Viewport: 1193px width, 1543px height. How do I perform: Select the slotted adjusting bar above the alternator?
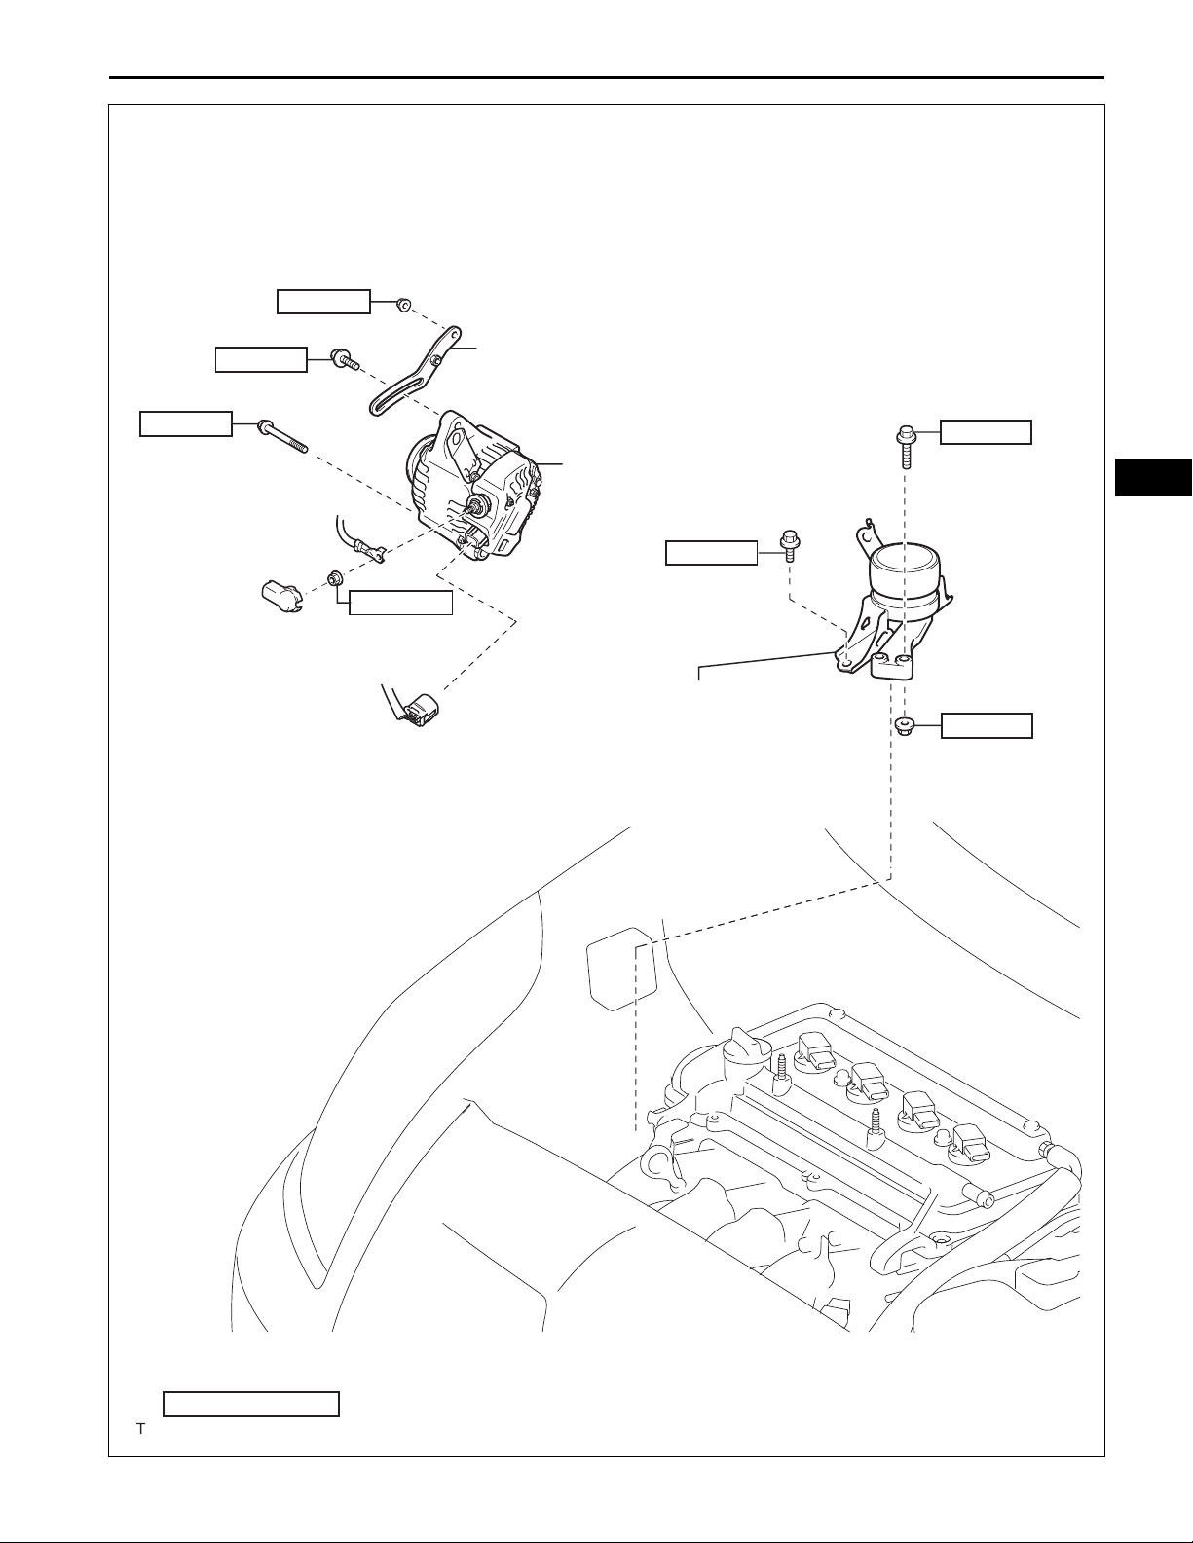tap(409, 380)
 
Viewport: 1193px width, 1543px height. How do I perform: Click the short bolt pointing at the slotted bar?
tap(345, 361)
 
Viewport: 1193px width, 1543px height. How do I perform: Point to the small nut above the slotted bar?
tap(402, 305)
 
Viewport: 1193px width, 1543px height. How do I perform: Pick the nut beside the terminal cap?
tap(333, 579)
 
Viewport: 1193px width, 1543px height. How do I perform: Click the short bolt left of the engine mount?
tap(788, 547)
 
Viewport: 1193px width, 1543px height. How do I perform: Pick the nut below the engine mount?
tap(902, 726)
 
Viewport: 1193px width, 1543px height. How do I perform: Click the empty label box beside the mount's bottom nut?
tap(987, 725)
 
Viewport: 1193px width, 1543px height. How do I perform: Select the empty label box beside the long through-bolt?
tap(186, 424)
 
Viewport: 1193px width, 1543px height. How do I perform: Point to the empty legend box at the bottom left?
tap(250, 1404)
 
